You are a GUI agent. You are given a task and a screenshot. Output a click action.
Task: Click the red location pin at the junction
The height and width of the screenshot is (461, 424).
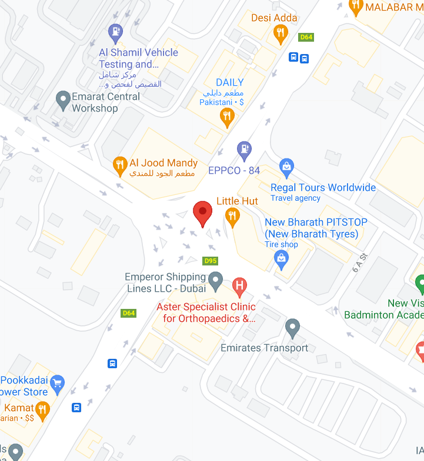(x=203, y=213)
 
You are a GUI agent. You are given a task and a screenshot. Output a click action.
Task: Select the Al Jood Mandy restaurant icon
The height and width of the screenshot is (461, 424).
(x=120, y=164)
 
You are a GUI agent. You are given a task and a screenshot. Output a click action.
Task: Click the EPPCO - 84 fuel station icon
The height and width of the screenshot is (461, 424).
(x=244, y=150)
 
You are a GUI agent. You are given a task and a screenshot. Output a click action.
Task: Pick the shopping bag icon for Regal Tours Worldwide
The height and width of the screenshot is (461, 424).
(x=286, y=167)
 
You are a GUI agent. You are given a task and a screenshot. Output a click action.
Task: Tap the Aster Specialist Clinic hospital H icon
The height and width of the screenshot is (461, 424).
(x=239, y=287)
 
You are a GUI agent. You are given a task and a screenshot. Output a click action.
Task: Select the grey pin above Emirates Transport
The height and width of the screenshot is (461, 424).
(x=293, y=327)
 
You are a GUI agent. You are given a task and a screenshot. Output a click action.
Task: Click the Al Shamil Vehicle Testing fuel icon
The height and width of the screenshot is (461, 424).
(x=116, y=31)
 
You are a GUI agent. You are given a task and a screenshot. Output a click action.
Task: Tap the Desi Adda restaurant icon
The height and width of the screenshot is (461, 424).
(x=281, y=33)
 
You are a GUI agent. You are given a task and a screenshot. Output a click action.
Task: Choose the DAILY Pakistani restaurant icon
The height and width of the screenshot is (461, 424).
(x=226, y=116)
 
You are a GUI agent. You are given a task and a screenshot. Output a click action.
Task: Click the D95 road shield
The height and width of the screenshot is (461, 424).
(x=210, y=261)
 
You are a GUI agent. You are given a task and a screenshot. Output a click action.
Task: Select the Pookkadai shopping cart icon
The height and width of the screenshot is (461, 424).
(x=57, y=385)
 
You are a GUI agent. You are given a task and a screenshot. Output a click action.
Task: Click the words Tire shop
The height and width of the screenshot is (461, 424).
(x=281, y=244)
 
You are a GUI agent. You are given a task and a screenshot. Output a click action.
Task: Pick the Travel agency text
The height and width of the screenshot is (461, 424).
(x=295, y=198)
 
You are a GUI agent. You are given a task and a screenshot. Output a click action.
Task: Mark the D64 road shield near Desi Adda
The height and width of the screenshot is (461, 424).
(x=306, y=37)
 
